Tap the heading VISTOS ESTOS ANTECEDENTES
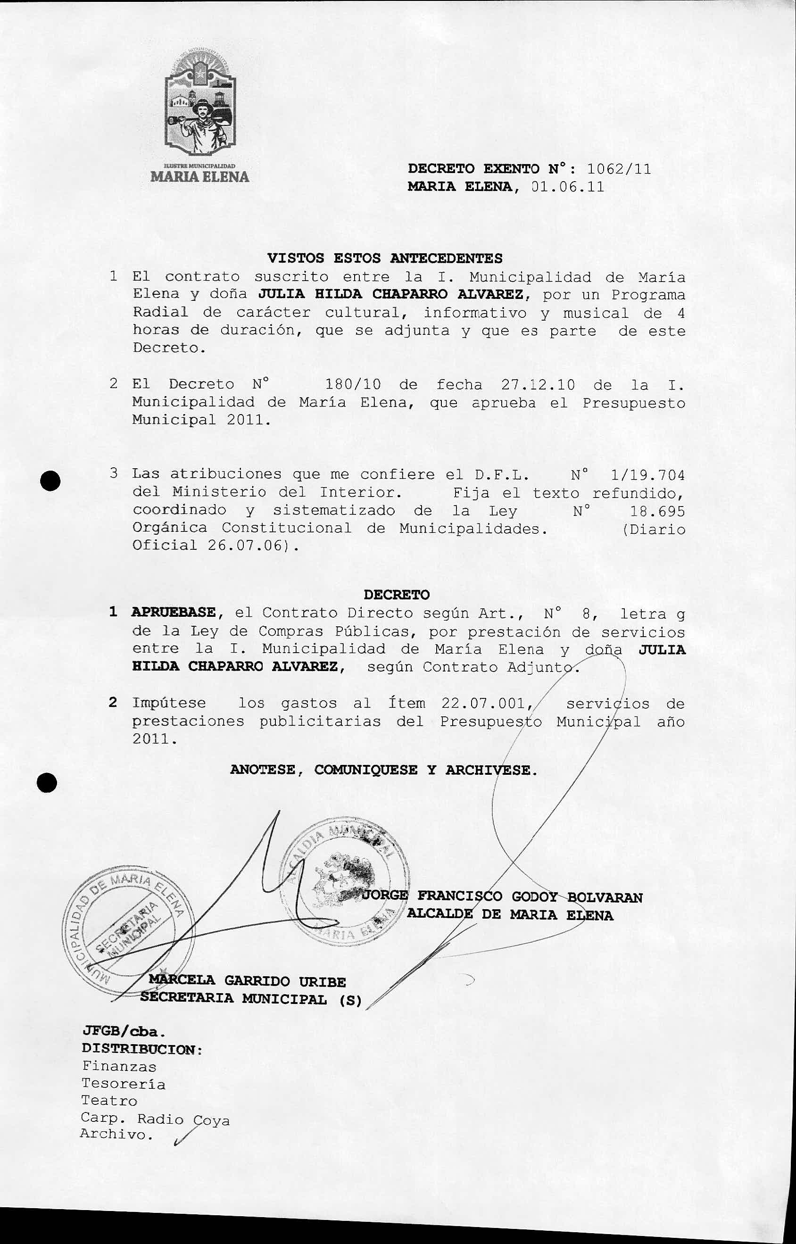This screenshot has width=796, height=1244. pyautogui.click(x=385, y=258)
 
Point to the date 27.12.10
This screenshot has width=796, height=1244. pyautogui.click(x=538, y=385)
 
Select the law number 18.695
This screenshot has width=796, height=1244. pyautogui.click(x=657, y=512)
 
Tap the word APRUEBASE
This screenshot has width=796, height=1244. pyautogui.click(x=173, y=613)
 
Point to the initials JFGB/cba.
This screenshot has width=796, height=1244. pyautogui.click(x=124, y=1032)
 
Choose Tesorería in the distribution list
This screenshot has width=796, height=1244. pyautogui.click(x=123, y=1084)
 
